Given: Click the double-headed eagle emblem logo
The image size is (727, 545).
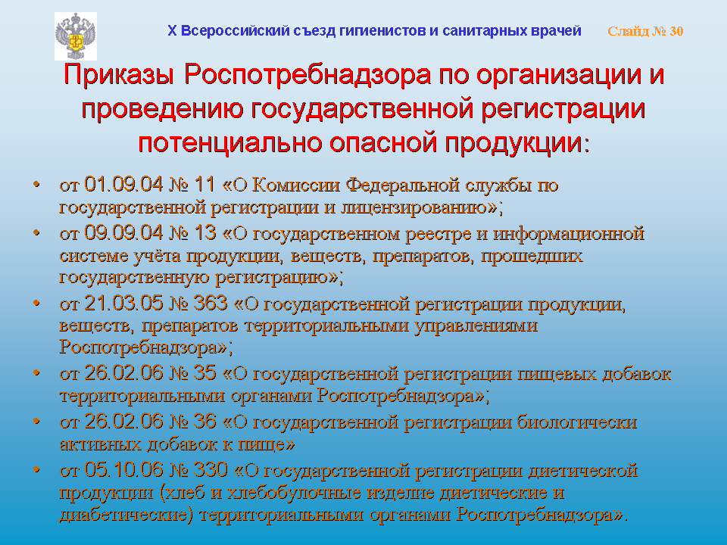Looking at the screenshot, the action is [x=76, y=36].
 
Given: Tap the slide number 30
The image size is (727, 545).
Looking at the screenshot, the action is [x=676, y=31].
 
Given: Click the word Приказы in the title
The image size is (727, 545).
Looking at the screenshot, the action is [x=119, y=76].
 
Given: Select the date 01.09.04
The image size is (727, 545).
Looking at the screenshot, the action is [x=123, y=185].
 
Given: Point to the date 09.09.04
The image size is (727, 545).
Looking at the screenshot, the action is [x=123, y=232].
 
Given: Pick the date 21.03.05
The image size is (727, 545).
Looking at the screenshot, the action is [x=123, y=303].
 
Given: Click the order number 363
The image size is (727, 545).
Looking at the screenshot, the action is [x=211, y=303].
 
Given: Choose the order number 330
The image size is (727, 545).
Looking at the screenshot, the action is [x=211, y=470].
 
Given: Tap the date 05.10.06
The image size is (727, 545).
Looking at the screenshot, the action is [x=123, y=470].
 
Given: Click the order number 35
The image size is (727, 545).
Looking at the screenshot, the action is [x=205, y=373].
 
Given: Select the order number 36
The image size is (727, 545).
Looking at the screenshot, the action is [x=205, y=422].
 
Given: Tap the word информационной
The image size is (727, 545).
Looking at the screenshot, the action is [x=569, y=233].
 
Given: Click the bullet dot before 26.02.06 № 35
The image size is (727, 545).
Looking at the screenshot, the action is [x=36, y=373].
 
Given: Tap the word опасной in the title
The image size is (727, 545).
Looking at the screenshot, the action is [x=383, y=142].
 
